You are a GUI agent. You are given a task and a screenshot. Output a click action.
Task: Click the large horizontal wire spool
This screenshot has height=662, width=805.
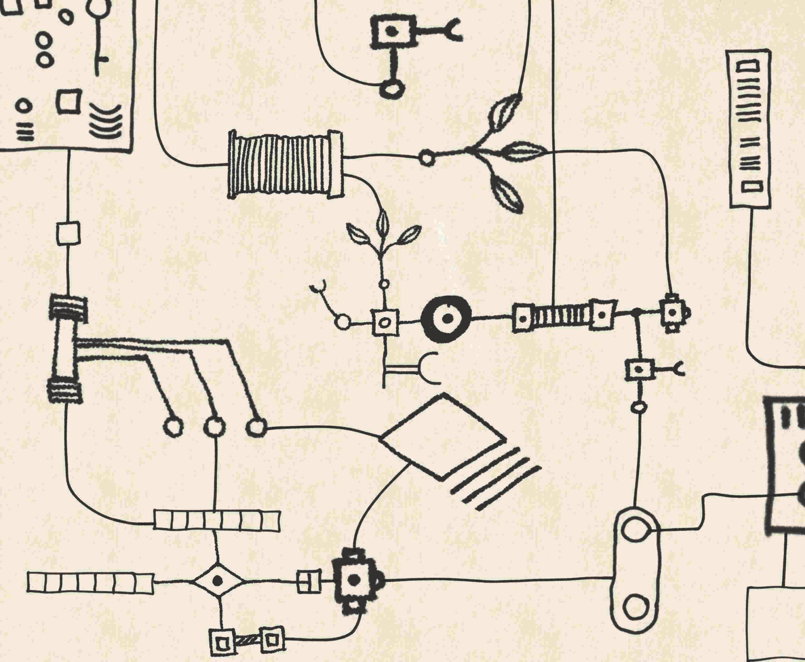(x=285, y=165)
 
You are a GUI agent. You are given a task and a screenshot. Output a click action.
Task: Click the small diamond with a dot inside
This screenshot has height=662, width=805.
(x=218, y=581)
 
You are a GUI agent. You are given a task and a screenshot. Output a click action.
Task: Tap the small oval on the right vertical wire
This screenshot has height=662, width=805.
(x=639, y=407)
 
